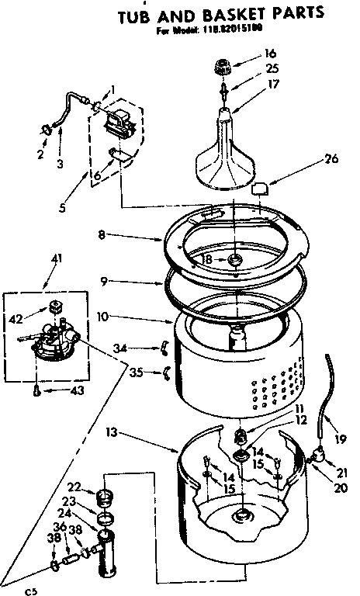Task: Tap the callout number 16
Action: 270,54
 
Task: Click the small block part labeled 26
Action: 261,188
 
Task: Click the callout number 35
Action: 136,372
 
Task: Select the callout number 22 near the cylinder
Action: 74,487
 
